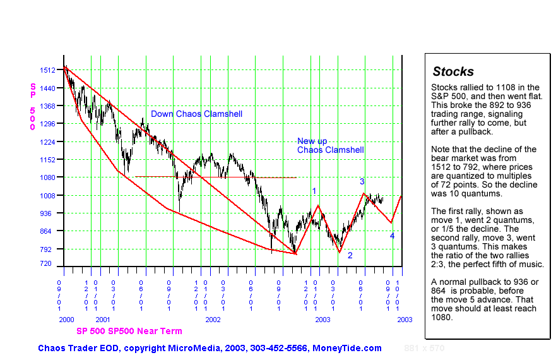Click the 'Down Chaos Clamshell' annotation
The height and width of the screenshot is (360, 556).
point(196,114)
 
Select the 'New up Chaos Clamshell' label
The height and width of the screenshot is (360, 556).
point(330,146)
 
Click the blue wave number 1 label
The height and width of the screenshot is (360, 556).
point(314,191)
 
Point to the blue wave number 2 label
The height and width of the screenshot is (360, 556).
point(350,255)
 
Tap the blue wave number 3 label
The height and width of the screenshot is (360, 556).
point(362,182)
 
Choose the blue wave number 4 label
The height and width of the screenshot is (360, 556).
point(392,236)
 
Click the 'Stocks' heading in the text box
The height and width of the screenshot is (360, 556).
point(453,71)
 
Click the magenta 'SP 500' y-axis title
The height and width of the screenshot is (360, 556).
point(33,106)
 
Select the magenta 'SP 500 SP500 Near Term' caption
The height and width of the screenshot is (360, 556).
point(129,331)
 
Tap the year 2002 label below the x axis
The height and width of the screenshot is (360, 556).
point(213,320)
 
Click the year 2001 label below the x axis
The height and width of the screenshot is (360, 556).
point(103,320)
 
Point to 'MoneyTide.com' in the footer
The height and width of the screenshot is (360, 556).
point(352,348)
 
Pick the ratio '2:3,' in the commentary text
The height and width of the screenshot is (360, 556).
point(441,265)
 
